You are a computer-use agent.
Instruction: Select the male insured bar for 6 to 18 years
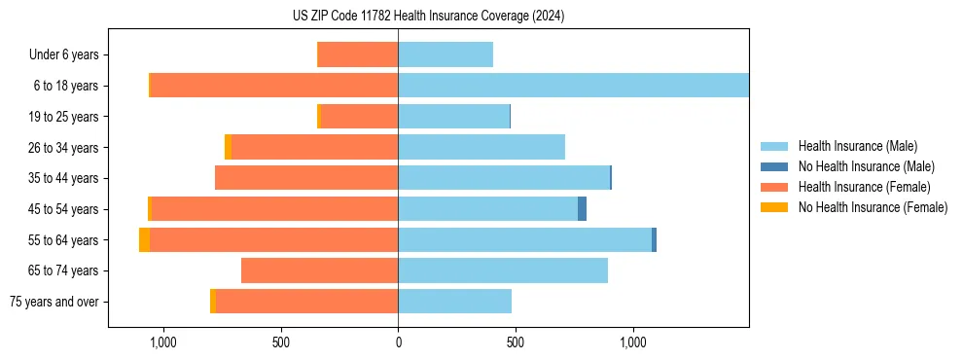[573, 86]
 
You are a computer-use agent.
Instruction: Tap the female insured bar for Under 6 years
[358, 54]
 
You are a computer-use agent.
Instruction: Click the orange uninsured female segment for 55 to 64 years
[144, 240]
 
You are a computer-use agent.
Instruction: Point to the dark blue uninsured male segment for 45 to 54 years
[582, 209]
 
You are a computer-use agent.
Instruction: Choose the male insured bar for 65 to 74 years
[503, 270]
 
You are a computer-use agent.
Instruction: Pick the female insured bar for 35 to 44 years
[306, 178]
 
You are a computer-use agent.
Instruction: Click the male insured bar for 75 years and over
[454, 302]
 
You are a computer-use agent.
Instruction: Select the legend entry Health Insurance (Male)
[857, 146]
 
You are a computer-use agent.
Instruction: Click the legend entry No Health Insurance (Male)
[866, 166]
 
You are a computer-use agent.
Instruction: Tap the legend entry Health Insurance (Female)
[864, 187]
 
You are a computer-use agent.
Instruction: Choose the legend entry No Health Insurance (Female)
[873, 207]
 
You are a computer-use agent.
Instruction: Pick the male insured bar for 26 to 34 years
[481, 147]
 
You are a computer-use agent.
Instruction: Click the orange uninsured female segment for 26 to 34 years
[228, 147]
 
